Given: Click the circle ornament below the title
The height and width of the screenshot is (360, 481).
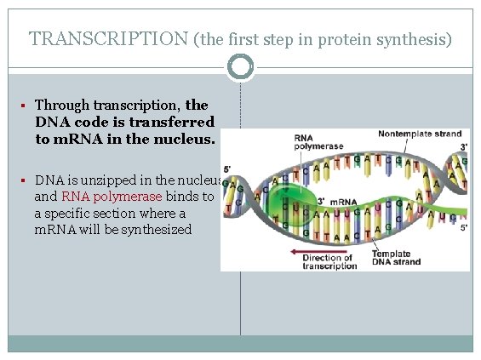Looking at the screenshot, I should pos(242,66).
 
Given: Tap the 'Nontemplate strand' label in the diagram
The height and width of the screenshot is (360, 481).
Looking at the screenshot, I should pos(420,134).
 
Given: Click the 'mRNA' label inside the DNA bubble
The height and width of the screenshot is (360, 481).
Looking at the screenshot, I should pos(343,202).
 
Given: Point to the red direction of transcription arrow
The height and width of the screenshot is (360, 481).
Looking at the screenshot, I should pos(311,251).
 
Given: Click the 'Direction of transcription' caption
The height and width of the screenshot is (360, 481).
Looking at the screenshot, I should pos(329,261).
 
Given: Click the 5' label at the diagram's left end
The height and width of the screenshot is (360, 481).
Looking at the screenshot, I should pos(226,169).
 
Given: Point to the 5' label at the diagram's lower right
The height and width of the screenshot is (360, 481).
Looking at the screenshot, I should pos(461,227).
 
